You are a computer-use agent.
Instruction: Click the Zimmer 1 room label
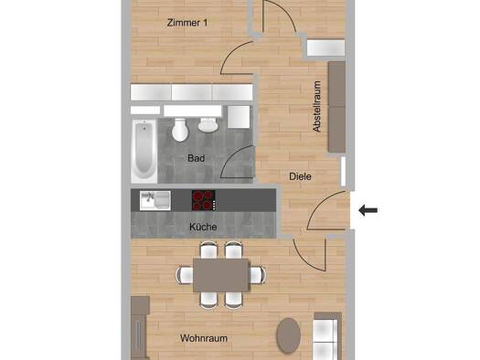187,23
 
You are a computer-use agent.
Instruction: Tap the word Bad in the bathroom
196,158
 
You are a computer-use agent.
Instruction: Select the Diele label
300,176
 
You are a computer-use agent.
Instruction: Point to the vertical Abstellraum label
317,106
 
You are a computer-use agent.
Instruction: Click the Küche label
203,227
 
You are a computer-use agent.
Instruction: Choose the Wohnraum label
204,338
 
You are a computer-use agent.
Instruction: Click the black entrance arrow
368,210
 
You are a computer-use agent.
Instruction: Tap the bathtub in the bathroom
144,151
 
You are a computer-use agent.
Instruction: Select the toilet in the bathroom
180,130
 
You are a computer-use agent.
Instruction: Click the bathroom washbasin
208,124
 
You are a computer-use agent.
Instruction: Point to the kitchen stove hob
203,200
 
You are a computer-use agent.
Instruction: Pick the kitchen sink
155,201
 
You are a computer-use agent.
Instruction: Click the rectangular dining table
220,275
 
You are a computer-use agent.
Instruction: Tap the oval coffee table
288,335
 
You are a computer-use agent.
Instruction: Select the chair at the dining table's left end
185,275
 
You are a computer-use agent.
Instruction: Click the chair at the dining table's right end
257,275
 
